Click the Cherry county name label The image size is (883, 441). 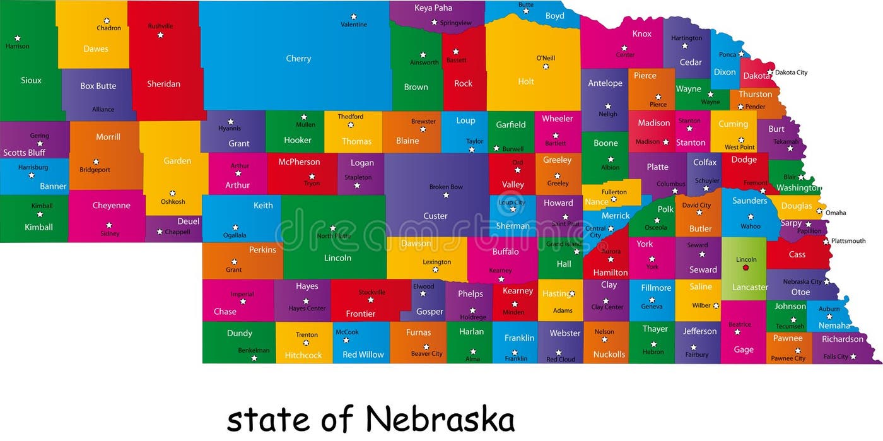click(x=298, y=59)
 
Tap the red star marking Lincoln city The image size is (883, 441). click(x=746, y=268)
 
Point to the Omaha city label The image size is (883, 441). click(x=836, y=213)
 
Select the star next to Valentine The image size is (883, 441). click(x=354, y=16)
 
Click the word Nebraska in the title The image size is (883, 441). click(x=440, y=419)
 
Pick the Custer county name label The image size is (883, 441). click(x=435, y=216)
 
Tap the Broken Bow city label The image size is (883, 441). click(x=446, y=187)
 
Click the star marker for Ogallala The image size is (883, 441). click(x=235, y=227)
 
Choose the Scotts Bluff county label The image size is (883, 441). click(x=24, y=153)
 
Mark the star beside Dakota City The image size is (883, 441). click(x=770, y=72)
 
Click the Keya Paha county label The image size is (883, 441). click(x=433, y=8)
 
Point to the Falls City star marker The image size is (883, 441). click(x=853, y=356)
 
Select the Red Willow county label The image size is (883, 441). click(x=363, y=355)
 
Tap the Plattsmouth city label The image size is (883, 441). click(x=848, y=240)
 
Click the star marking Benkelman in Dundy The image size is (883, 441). click(x=254, y=358)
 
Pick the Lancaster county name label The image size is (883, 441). click(x=750, y=287)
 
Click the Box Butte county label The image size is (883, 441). click(x=98, y=86)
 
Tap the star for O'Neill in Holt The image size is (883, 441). click(x=546, y=66)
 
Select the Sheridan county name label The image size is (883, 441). click(x=163, y=84)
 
